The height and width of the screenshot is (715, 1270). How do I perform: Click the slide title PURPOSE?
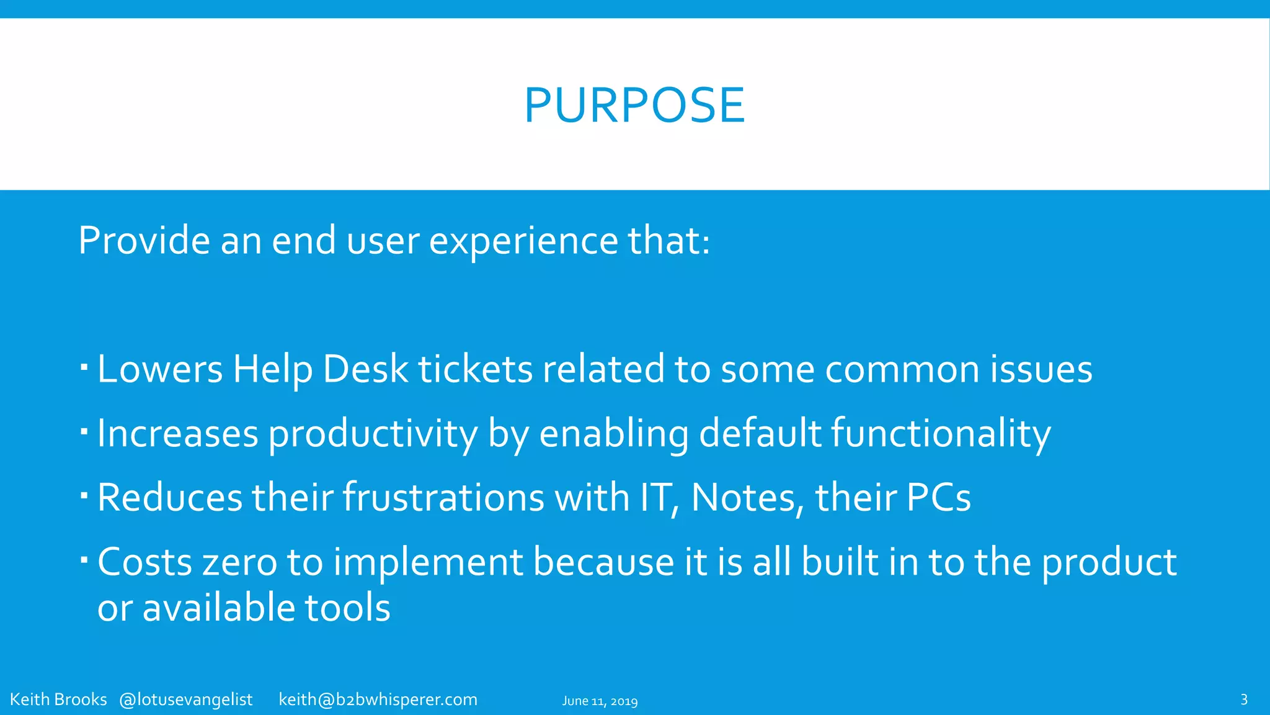[634, 106]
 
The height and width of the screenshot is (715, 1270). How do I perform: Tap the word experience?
[523, 241]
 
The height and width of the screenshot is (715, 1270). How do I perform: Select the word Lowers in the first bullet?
[160, 369]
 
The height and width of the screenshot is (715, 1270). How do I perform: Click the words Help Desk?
[320, 369]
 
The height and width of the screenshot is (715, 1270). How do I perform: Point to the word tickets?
[475, 369]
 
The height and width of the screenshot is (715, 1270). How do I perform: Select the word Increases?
[177, 434]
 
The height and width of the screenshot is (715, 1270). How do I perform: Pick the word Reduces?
[169, 498]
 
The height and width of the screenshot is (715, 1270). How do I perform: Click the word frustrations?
[443, 498]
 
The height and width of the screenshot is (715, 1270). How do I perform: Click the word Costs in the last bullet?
[144, 562]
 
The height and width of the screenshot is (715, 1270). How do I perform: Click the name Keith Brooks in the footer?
[58, 699]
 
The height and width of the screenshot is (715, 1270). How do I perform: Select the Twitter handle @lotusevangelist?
[185, 700]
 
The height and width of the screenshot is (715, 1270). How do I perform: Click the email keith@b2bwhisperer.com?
[378, 700]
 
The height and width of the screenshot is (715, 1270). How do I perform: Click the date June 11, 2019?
[600, 701]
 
